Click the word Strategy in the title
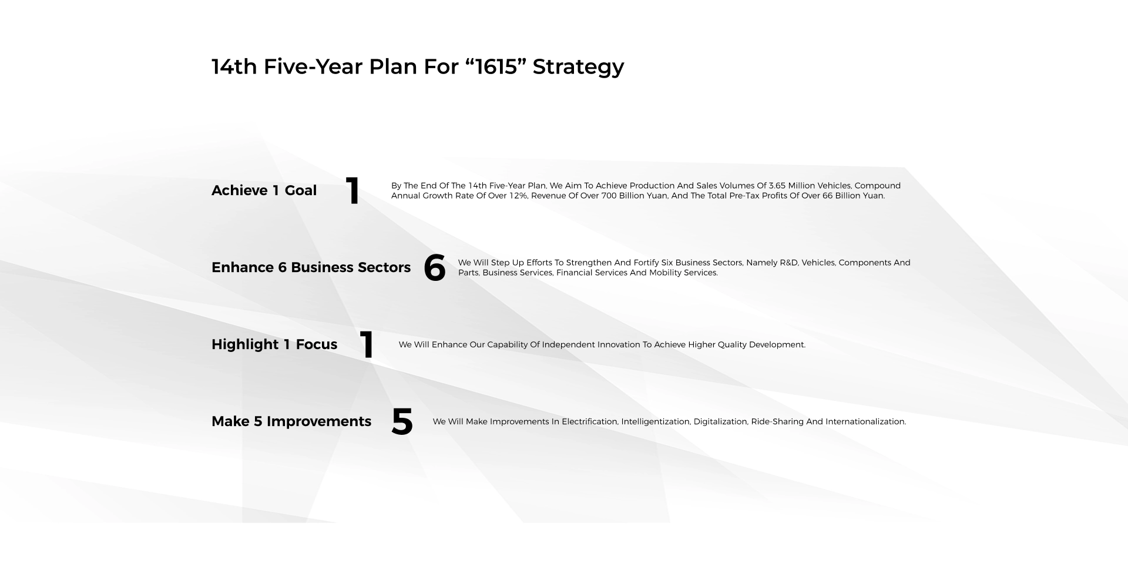[x=578, y=67]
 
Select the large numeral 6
[x=435, y=268]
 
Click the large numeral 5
[x=402, y=422]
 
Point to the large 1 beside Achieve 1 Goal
[x=352, y=190]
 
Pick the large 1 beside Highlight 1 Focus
[x=367, y=344]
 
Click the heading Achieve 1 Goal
[x=264, y=190]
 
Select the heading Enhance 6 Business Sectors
[x=311, y=267]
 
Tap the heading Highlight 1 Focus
[x=274, y=344]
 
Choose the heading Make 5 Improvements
[x=291, y=421]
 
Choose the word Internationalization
[x=865, y=421]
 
